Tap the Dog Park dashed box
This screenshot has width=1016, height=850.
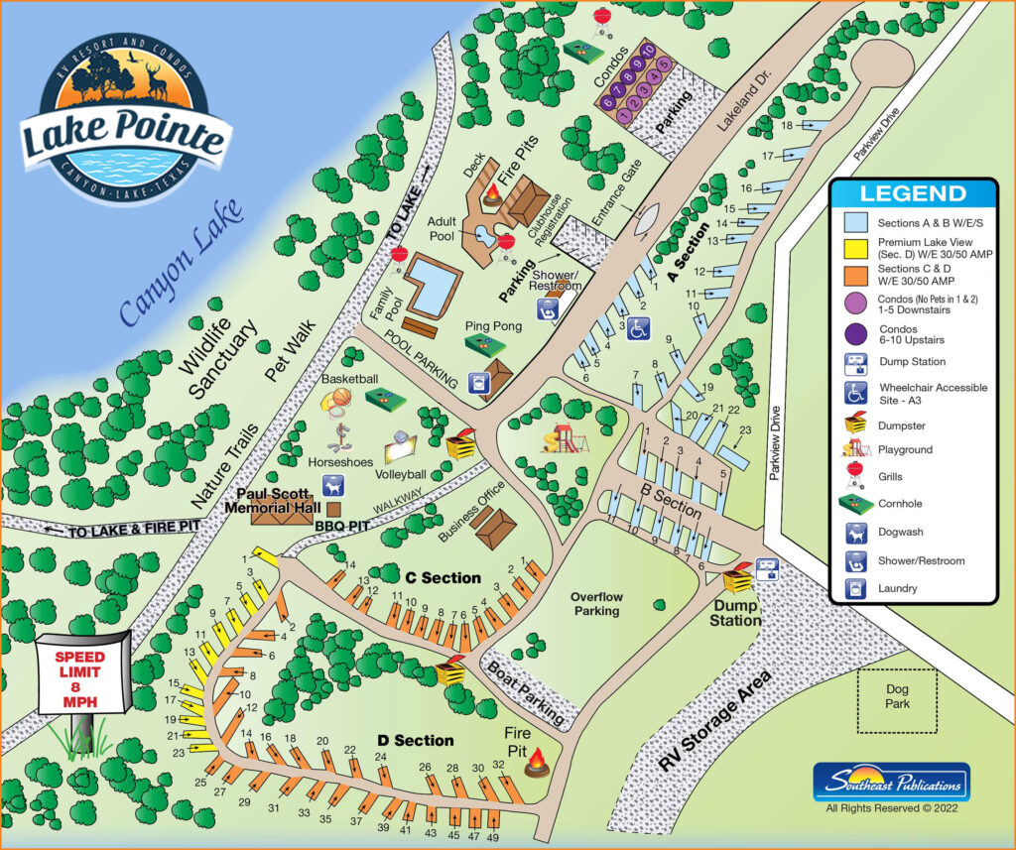[897, 700]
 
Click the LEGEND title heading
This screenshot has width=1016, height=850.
[912, 193]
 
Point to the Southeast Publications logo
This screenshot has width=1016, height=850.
[890, 782]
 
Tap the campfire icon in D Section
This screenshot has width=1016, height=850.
[539, 762]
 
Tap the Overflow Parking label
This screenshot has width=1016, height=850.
[596, 604]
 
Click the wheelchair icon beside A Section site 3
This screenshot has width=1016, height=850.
[640, 328]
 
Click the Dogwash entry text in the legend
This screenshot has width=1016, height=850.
[901, 533]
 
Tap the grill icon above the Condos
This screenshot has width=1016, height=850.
[602, 18]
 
